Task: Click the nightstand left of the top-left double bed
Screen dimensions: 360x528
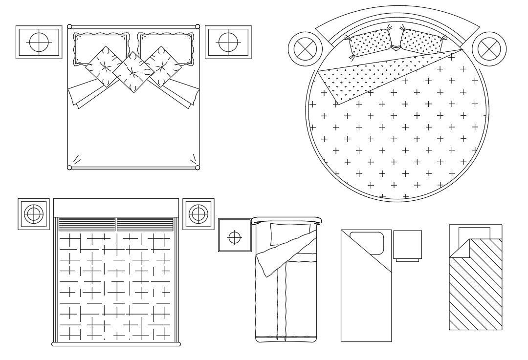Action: click(x=39, y=42)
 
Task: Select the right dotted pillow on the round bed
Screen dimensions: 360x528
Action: click(x=422, y=41)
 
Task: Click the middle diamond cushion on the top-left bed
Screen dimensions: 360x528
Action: click(x=133, y=72)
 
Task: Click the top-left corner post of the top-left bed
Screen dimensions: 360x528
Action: click(x=70, y=27)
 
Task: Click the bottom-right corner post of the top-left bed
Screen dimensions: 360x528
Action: click(x=198, y=168)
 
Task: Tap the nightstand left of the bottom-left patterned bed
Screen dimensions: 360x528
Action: click(x=34, y=213)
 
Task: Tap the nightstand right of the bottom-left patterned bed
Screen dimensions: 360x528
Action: click(x=198, y=213)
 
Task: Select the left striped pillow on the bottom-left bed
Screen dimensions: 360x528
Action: click(x=87, y=224)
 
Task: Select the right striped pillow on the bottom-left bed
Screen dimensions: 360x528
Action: click(x=145, y=224)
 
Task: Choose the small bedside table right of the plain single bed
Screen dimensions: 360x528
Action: click(x=407, y=245)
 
